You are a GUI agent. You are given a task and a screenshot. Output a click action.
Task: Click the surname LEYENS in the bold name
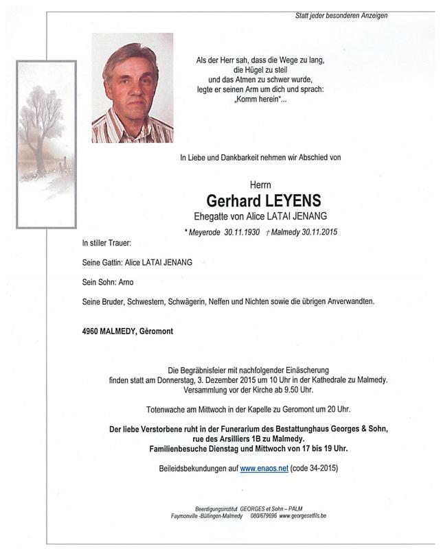pos(290,202)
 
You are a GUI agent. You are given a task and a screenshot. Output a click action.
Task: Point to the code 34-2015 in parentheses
pos(319,468)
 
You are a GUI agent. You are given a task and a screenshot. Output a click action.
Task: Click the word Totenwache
pos(168,409)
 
